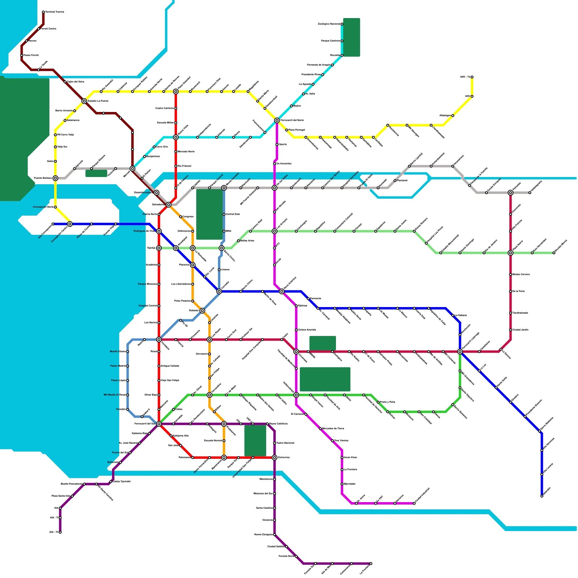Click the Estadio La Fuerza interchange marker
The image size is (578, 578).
84,101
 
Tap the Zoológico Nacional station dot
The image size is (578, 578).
342,24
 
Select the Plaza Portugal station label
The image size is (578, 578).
296,130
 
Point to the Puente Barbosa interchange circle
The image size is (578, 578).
55,178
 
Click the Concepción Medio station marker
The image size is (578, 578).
55,207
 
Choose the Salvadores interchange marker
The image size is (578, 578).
169,205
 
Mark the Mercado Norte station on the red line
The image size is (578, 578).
176,152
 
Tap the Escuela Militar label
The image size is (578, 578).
165,123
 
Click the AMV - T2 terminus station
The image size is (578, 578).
472,77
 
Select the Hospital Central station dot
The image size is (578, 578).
159,306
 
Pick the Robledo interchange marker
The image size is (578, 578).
202,311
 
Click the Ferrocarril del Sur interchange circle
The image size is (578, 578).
159,424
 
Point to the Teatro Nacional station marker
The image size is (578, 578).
275,443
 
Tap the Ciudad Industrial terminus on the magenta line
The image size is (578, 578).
414,503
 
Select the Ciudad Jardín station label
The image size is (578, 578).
520,330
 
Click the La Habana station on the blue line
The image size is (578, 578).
453,316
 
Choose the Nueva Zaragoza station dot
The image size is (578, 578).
275,535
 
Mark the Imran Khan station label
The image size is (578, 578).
350,457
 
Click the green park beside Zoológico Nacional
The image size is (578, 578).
351,37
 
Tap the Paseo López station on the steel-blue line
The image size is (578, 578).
128,380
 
